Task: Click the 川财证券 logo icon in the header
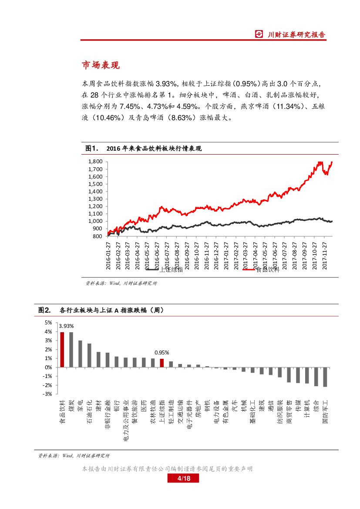click(x=259, y=34)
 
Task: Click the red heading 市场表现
click(x=101, y=65)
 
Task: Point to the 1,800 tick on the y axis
click(x=95, y=162)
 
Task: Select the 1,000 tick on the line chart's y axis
click(x=95, y=221)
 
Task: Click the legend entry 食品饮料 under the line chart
click(x=266, y=270)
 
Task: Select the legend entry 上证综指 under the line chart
click(x=171, y=270)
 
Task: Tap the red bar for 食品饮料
click(x=62, y=350)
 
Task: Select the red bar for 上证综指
click(x=161, y=363)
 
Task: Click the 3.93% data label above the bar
click(x=66, y=326)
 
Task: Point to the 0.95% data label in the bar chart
click(x=161, y=352)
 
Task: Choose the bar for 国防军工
click(x=325, y=377)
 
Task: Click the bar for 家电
click(x=80, y=354)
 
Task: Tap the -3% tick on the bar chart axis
click(x=49, y=394)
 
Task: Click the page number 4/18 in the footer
click(x=183, y=479)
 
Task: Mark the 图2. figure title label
click(x=45, y=310)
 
